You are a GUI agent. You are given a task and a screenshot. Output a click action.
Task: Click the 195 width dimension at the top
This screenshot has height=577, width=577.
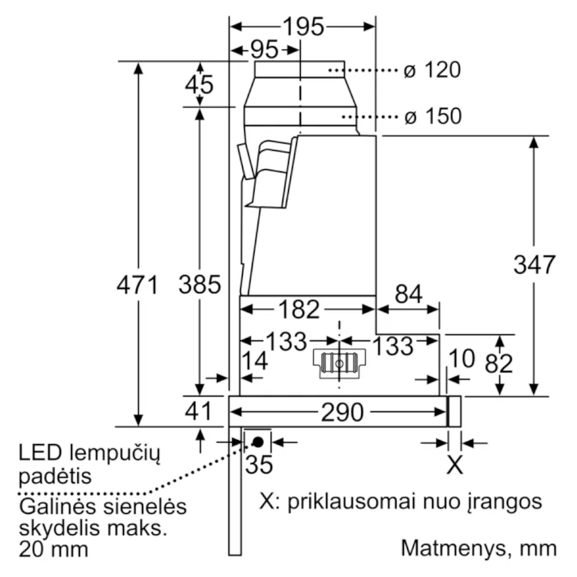pyautogui.click(x=303, y=26)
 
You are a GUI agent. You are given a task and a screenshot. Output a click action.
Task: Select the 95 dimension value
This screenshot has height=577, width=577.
pyautogui.click(x=264, y=50)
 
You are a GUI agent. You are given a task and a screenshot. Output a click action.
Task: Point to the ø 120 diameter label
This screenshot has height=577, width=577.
pyautogui.click(x=433, y=70)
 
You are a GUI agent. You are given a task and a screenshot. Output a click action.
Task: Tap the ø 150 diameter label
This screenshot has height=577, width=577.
pyautogui.click(x=433, y=117)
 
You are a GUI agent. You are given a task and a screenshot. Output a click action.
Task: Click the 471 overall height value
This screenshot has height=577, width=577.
pyautogui.click(x=137, y=285)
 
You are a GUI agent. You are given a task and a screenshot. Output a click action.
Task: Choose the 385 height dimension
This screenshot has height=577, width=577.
pyautogui.click(x=199, y=285)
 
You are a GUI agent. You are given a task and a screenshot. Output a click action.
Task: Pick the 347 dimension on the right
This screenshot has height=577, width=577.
pyautogui.click(x=535, y=264)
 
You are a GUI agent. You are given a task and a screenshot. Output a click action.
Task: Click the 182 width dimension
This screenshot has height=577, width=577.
pyautogui.click(x=299, y=309)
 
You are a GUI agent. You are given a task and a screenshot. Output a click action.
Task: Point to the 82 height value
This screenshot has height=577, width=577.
pyautogui.click(x=499, y=364)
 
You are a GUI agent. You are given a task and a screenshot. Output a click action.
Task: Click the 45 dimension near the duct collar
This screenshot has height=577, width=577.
pyautogui.click(x=199, y=85)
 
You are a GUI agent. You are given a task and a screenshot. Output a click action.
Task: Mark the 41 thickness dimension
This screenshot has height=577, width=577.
pyautogui.click(x=198, y=411)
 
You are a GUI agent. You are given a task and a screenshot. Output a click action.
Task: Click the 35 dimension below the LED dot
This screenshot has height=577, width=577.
pyautogui.click(x=259, y=464)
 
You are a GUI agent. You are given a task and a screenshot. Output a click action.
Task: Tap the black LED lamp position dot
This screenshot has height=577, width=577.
pyautogui.click(x=258, y=442)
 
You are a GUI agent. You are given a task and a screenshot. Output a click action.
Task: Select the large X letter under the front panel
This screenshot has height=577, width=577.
pyautogui.click(x=455, y=465)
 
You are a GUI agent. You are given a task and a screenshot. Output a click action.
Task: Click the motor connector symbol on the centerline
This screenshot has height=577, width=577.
pyautogui.click(x=339, y=363)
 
